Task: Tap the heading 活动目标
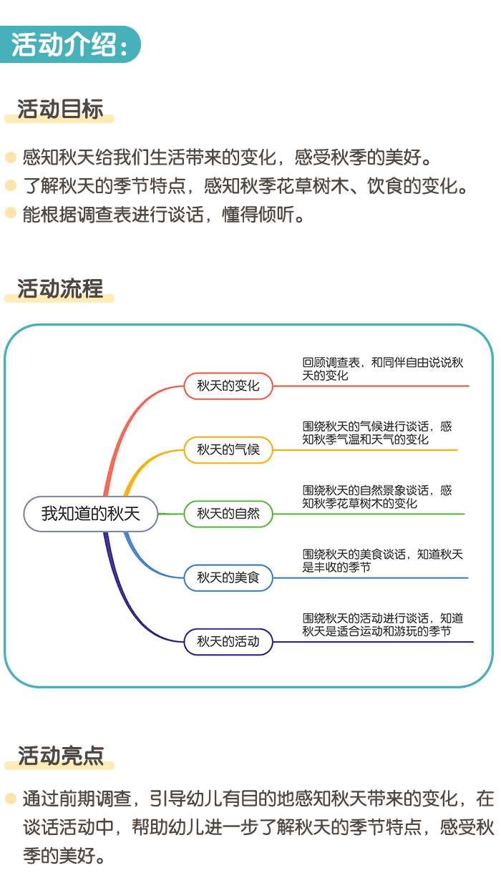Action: point(60,109)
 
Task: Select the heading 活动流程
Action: point(60,288)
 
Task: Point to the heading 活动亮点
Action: point(60,756)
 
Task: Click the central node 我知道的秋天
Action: point(90,514)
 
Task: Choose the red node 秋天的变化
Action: point(228,386)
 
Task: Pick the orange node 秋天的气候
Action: point(228,450)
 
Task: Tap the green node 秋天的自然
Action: point(228,514)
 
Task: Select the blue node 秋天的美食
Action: point(228,577)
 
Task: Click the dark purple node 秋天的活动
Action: point(228,641)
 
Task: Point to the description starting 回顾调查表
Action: point(383,369)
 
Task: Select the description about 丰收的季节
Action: point(383,560)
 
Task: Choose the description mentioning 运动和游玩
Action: point(383,625)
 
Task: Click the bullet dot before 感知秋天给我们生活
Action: point(10,157)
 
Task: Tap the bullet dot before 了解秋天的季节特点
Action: point(10,186)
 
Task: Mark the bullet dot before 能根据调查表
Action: point(10,213)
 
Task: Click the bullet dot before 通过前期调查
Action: point(10,798)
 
